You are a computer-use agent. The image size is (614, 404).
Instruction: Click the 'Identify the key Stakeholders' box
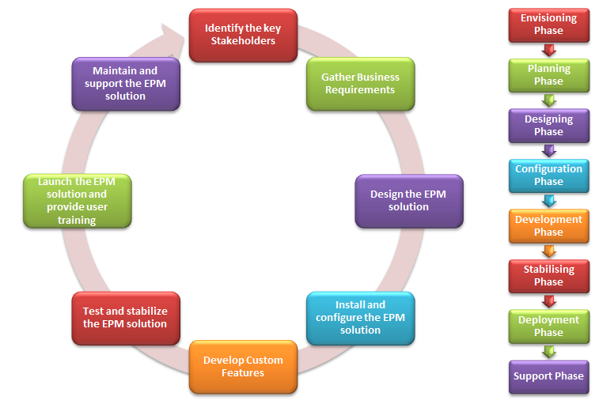pyautogui.click(x=242, y=35)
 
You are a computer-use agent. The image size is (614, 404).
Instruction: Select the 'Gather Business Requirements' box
pyautogui.click(x=360, y=84)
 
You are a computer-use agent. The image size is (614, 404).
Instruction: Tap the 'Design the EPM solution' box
pyautogui.click(x=408, y=201)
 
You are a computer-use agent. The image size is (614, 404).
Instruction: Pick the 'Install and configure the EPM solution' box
pyautogui.click(x=360, y=318)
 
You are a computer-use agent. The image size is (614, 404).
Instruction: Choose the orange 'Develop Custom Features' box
pyautogui.click(x=243, y=366)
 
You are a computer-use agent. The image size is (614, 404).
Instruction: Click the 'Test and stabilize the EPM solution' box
pyautogui.click(x=125, y=318)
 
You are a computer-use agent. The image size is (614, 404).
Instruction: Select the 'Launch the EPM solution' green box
pyautogui.click(x=77, y=201)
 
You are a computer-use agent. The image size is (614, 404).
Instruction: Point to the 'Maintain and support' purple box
pyautogui.click(x=125, y=83)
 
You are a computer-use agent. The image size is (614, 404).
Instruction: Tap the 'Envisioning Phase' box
pyautogui.click(x=548, y=25)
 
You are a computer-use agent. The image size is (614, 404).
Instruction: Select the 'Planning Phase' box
pyautogui.click(x=548, y=75)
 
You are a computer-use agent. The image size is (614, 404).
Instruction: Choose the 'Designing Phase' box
pyautogui.click(x=548, y=126)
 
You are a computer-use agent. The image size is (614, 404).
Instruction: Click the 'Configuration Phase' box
pyautogui.click(x=548, y=176)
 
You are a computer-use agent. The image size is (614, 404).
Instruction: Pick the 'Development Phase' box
pyautogui.click(x=548, y=226)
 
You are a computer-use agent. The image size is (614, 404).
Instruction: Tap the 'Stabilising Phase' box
pyautogui.click(x=548, y=276)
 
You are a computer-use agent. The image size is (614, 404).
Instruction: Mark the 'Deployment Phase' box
pyautogui.click(x=548, y=327)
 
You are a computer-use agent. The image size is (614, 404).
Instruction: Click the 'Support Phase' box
pyautogui.click(x=548, y=376)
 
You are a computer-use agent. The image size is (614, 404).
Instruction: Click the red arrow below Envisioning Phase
pyautogui.click(x=548, y=51)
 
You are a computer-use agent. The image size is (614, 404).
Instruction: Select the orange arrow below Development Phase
pyautogui.click(x=548, y=251)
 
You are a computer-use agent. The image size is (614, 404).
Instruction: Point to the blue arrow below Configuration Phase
pyautogui.click(x=548, y=201)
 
